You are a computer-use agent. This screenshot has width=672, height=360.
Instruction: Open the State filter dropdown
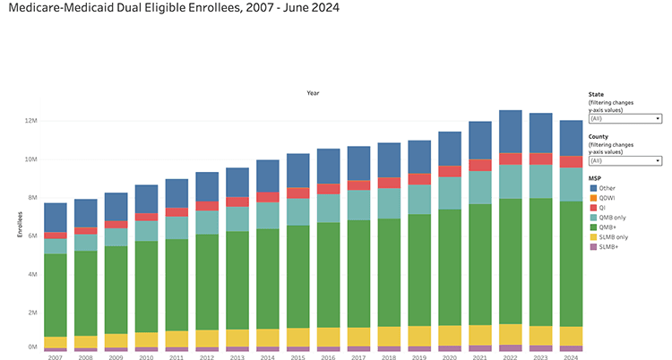625,117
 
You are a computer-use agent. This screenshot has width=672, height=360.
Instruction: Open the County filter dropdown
625,160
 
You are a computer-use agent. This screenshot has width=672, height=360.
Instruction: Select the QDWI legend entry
608,198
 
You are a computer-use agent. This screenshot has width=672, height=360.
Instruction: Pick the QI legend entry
604,208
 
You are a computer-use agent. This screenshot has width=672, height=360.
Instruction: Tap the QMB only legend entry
613,218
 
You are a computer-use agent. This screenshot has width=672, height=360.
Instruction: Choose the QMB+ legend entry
607,227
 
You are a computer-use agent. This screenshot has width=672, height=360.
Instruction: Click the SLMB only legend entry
614,237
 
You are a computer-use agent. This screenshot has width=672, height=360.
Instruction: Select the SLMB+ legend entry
608,247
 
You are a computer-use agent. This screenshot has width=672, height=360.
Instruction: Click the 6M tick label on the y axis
31,236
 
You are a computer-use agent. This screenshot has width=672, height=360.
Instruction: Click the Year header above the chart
313,93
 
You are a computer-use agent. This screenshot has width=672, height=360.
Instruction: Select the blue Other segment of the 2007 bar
56,218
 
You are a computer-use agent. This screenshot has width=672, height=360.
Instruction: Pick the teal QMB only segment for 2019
419,199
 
